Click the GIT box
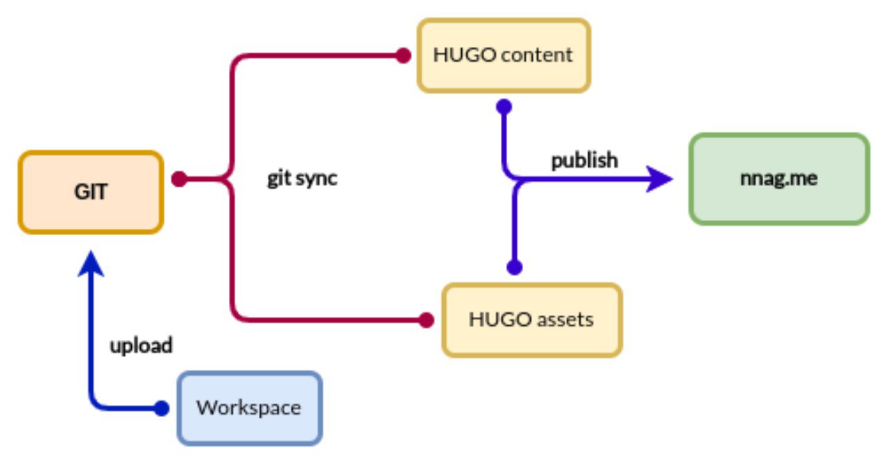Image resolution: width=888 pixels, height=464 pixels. coord(91,192)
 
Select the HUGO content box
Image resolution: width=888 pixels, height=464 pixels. coord(504,55)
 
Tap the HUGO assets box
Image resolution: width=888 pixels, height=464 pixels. coord(532,320)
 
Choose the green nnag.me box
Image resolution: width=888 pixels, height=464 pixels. coord(778,179)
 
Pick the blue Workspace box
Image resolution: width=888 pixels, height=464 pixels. coord(250,408)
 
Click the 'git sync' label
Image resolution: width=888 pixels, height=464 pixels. coord(302,178)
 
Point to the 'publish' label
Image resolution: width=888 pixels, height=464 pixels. coord(584,160)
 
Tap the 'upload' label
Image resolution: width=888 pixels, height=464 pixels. coord(141,345)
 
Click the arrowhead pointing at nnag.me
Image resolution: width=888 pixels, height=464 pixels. coord(659,180)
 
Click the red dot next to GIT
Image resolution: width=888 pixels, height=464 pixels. coord(178,179)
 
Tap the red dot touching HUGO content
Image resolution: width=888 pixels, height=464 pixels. coord(403,56)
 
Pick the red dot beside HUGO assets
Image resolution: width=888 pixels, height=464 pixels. coord(427,320)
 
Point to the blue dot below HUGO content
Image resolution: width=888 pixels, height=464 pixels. coord(504,107)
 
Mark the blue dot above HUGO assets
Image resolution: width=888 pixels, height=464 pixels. coord(514,267)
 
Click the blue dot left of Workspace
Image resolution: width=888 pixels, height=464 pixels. coord(162,409)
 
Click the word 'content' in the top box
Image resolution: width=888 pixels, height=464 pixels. coord(540,55)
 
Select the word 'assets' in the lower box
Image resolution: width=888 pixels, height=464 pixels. coord(566,320)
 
